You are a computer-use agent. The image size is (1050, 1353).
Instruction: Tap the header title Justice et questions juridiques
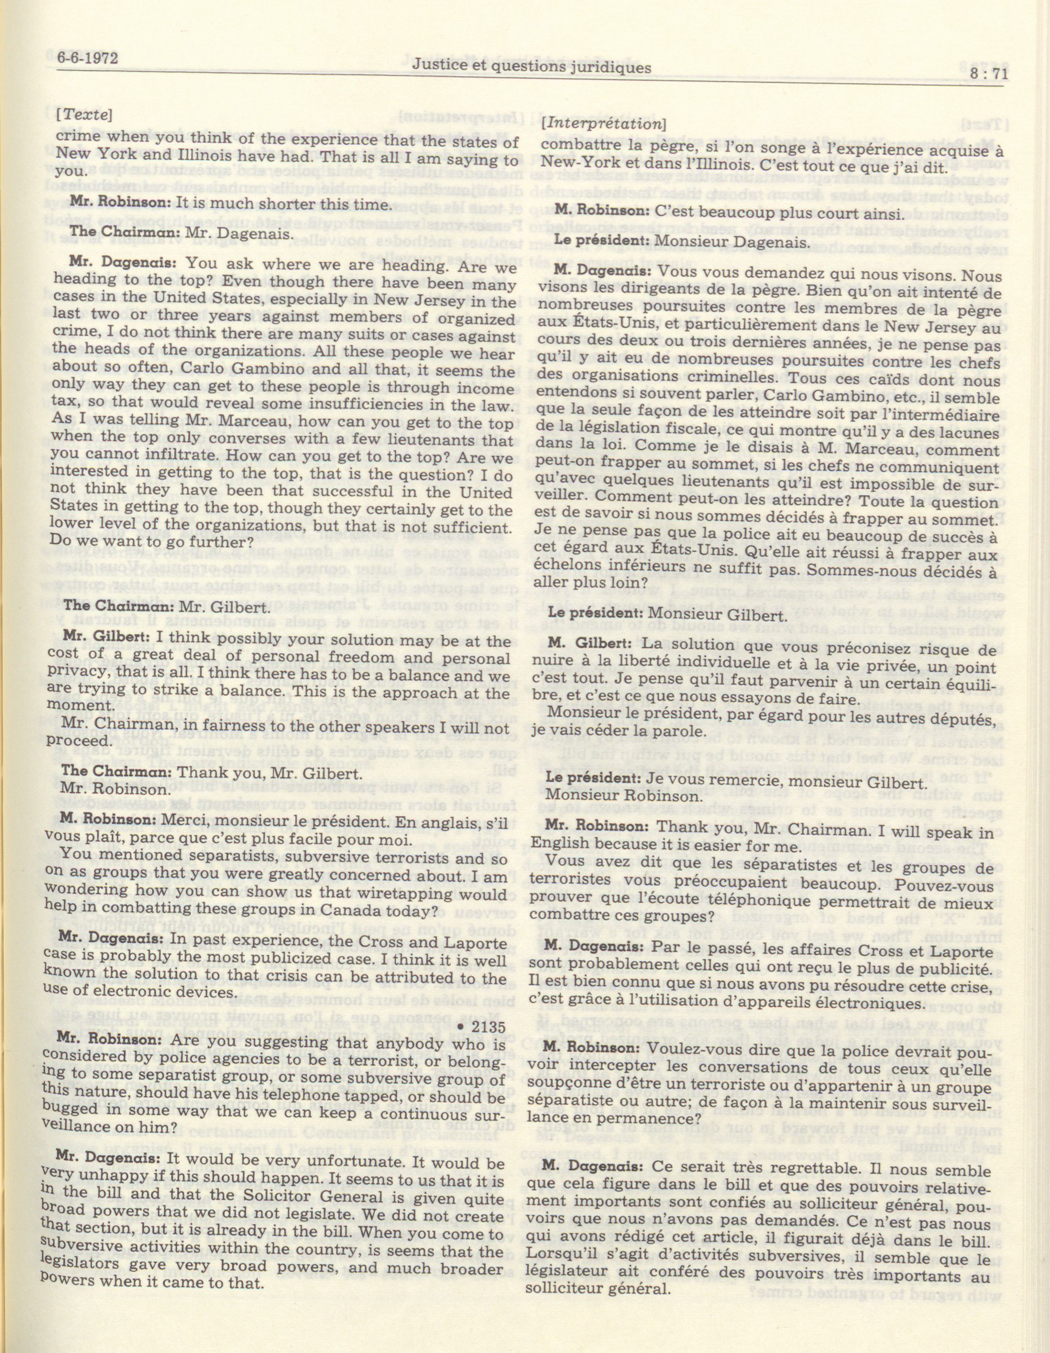(x=532, y=66)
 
